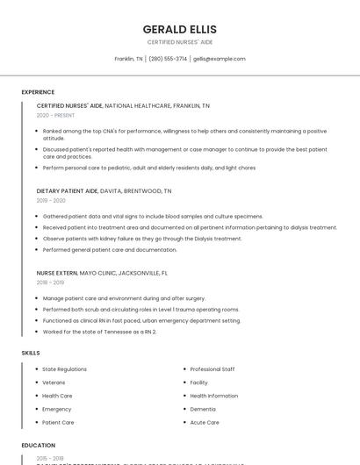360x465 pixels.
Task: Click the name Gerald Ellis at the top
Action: (x=179, y=29)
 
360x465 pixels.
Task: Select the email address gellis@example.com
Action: (x=219, y=59)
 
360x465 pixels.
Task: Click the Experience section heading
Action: (x=38, y=92)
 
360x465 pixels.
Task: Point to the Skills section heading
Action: (x=31, y=353)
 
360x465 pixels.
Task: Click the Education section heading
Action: (x=39, y=445)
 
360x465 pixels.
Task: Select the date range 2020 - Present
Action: (x=56, y=115)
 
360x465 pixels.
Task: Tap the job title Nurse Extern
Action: (x=57, y=273)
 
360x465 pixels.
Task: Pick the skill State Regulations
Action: (x=64, y=369)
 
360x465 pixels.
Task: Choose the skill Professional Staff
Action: (x=212, y=369)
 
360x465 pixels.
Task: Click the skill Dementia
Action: (x=203, y=409)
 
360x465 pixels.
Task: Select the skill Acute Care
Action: (x=205, y=422)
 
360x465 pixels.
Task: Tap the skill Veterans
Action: (x=54, y=383)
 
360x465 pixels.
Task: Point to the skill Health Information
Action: (x=213, y=396)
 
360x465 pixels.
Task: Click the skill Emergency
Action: (x=57, y=409)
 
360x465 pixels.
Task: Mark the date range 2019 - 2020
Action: (x=51, y=200)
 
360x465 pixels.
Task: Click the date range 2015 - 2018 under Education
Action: (x=50, y=458)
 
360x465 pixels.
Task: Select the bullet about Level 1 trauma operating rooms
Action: (x=140, y=310)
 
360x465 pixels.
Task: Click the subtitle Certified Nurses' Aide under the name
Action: (x=179, y=42)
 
